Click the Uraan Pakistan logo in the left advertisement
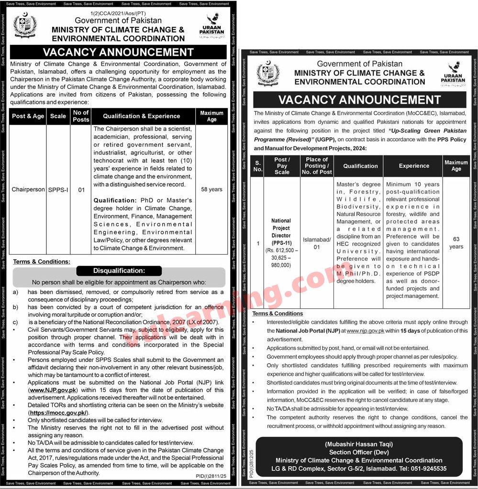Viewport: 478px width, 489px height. point(211,27)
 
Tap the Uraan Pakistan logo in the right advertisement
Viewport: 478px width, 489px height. point(453,74)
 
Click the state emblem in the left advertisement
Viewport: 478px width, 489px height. point(25,26)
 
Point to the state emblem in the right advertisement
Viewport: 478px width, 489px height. point(268,74)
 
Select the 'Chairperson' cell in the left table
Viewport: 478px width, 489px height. point(28,189)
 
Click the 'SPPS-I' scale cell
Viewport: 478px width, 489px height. point(58,190)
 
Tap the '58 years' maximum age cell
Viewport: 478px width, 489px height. point(211,189)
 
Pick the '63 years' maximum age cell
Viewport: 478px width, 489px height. point(456,243)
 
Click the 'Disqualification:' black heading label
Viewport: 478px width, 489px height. point(119,271)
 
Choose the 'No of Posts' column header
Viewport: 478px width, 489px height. point(81,116)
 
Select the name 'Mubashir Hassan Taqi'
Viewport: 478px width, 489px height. point(359,445)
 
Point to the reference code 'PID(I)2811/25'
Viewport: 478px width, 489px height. point(211,476)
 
